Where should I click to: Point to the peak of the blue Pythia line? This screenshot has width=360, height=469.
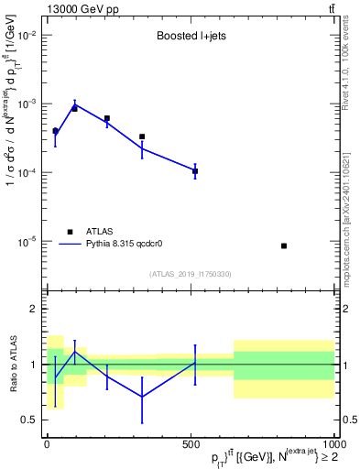75,104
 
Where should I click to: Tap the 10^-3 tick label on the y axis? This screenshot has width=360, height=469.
27,104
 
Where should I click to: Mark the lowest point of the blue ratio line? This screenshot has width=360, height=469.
142,397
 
